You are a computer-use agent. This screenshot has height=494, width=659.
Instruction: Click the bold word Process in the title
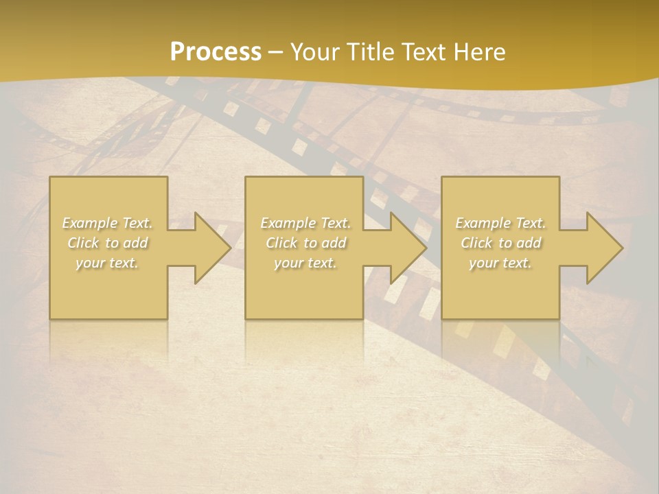(216, 52)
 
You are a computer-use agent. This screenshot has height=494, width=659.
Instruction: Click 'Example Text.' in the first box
(108, 223)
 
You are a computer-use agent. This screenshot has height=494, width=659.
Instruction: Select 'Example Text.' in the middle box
(305, 223)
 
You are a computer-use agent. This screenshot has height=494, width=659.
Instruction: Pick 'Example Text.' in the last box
(500, 223)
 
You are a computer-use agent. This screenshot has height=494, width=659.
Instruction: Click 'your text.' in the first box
(108, 263)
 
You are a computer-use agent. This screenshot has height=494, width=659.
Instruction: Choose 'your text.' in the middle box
(305, 263)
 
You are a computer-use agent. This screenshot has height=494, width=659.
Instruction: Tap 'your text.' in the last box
(500, 263)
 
